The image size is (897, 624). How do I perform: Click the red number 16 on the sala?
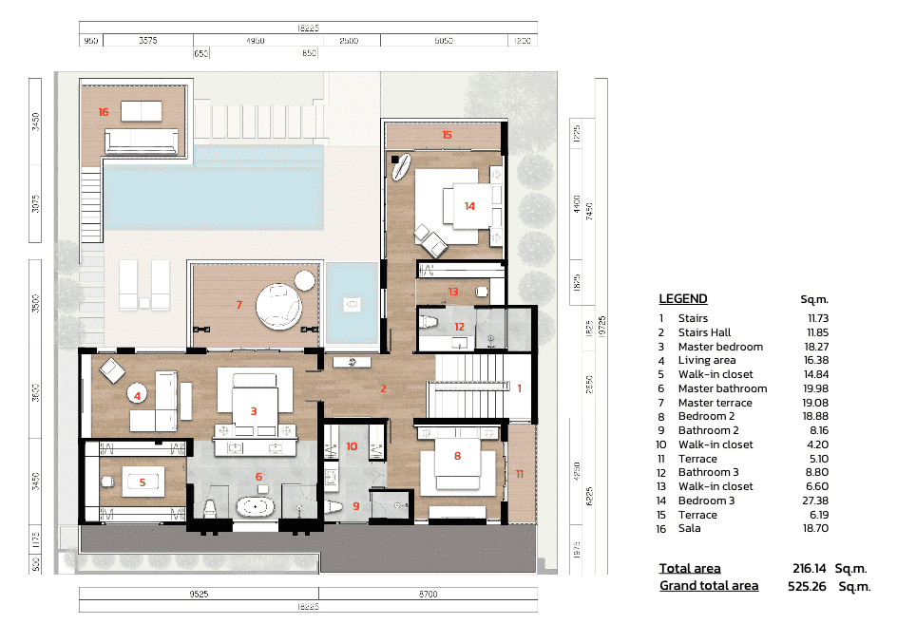pyautogui.click(x=104, y=112)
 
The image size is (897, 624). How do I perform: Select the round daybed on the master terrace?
pyautogui.click(x=278, y=306)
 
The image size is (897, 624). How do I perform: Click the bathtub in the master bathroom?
pyautogui.click(x=255, y=506)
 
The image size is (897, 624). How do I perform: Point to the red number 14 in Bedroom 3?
pyautogui.click(x=469, y=206)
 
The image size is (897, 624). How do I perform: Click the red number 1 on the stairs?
pyautogui.click(x=519, y=388)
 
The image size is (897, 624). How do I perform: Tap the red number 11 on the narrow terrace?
pyautogui.click(x=519, y=473)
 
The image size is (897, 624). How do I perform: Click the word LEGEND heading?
pyautogui.click(x=683, y=299)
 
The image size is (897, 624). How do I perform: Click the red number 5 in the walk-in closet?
pyautogui.click(x=143, y=482)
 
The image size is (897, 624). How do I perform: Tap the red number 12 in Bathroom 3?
pyautogui.click(x=459, y=327)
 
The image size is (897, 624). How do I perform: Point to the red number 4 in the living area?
pyautogui.click(x=138, y=395)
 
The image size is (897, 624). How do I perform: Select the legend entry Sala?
pyautogui.click(x=690, y=528)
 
